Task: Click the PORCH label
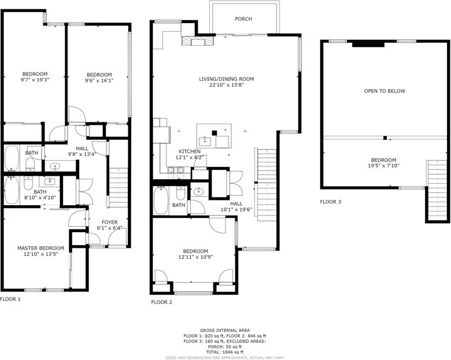[243, 19]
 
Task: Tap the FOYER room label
[110, 222]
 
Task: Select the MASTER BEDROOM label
[41, 248]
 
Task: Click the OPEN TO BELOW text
[385, 91]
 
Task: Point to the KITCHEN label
[190, 151]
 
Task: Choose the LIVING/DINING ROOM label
[227, 79]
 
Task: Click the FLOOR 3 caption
[331, 202]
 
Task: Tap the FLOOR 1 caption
[10, 299]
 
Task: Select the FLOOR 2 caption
[162, 302]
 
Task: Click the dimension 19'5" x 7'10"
[383, 166]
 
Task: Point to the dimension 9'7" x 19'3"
[35, 80]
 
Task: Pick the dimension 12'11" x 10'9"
[195, 257]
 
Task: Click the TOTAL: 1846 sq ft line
[225, 352]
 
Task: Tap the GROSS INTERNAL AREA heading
[225, 331]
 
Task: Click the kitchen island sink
[205, 142]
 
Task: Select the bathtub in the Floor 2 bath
[161, 201]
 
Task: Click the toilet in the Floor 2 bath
[180, 193]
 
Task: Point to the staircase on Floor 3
[438, 191]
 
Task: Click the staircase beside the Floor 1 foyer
[119, 187]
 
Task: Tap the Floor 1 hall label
[82, 149]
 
